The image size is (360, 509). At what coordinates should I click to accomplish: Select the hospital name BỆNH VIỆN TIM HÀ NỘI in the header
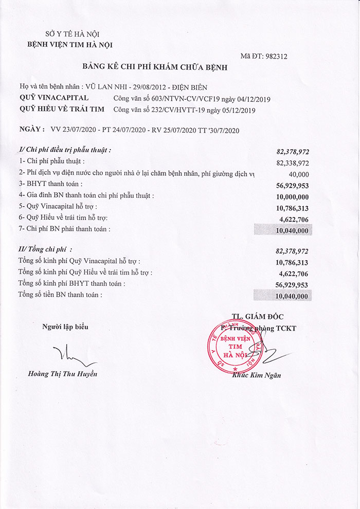coord(70,44)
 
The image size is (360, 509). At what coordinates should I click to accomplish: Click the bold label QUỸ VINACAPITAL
coord(53,98)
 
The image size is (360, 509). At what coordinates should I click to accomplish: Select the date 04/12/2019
coord(253,99)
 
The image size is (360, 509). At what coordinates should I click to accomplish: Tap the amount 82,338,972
coord(293,163)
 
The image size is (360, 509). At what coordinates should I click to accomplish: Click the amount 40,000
coord(299,174)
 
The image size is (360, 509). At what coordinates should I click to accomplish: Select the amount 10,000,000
coord(293,196)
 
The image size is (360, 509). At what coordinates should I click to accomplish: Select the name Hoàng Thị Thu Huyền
coord(62,374)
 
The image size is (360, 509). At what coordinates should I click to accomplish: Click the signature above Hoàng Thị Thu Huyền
coord(66,355)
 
